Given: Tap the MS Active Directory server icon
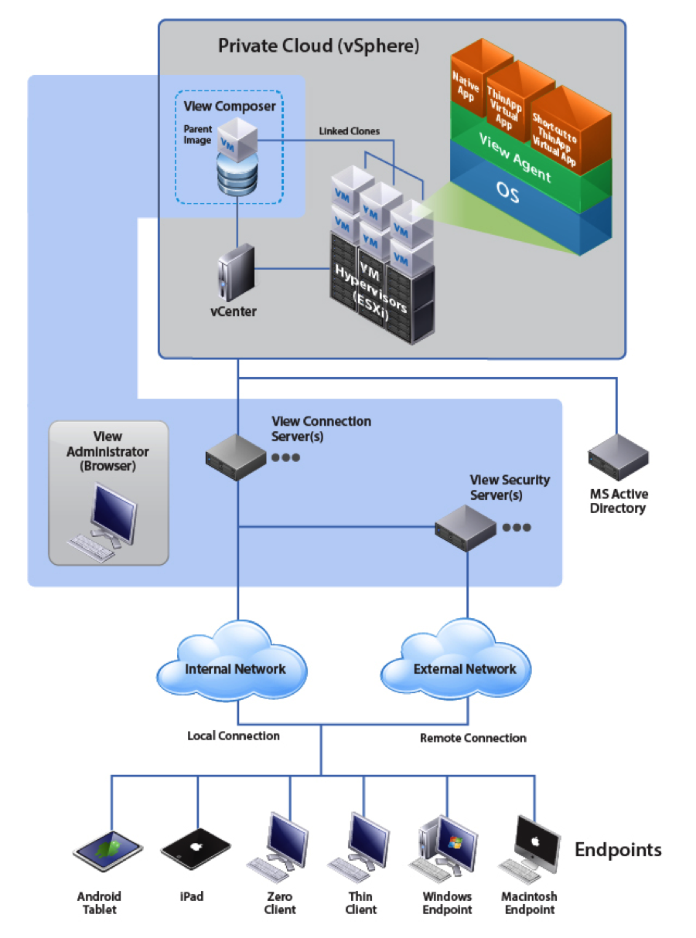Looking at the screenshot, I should (618, 457).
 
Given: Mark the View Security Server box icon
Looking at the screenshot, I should (464, 528).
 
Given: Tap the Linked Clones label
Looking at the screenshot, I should (350, 131).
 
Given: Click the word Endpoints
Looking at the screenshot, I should (618, 850).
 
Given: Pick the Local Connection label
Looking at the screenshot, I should (234, 736).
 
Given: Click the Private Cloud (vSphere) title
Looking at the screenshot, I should (319, 46).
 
